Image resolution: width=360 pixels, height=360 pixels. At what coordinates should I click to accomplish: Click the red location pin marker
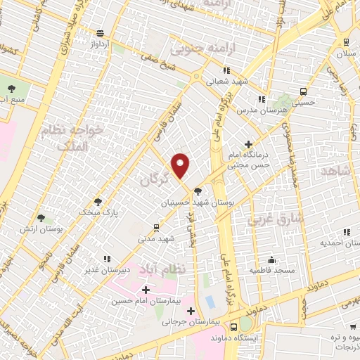181,165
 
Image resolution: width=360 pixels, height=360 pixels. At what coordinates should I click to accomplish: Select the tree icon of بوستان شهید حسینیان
198,190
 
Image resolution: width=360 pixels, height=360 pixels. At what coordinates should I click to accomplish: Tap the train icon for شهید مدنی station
156,227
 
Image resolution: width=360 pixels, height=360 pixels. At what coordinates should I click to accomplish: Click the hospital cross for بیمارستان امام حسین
146,290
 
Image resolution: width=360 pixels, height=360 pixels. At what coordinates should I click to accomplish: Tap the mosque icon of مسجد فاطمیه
271,259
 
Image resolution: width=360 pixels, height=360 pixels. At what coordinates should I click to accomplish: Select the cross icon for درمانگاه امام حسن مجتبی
247,144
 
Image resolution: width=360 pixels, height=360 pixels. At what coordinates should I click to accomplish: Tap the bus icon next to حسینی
303,91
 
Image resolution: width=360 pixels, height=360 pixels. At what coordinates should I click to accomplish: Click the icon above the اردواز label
101,33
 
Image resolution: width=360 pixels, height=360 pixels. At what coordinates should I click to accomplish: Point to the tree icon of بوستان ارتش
41,218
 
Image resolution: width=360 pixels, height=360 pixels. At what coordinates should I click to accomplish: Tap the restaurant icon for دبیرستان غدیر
105,259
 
